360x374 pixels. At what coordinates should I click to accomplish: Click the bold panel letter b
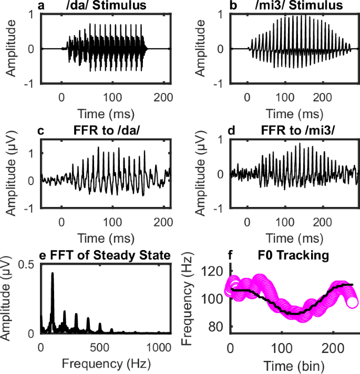228,6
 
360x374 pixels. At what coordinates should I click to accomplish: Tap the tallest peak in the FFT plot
52,274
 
